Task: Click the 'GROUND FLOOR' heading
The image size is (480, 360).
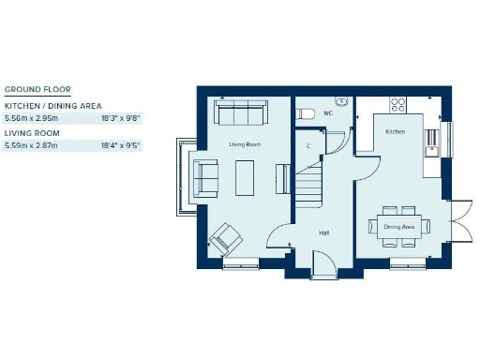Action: coord(31,90)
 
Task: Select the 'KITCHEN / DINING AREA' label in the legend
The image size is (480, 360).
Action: coord(53,106)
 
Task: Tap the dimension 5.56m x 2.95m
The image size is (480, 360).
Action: coord(31,119)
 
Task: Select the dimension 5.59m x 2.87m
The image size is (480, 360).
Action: coord(31,146)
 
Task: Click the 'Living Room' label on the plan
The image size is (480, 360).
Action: coord(246,144)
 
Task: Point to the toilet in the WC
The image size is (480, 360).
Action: coord(306,113)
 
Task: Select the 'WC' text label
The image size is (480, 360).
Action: coord(327,113)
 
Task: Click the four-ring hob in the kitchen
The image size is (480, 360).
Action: coord(398,103)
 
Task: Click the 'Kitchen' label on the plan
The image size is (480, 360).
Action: coord(396,132)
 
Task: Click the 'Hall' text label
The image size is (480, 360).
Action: coord(323,232)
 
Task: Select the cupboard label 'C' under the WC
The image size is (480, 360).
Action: coord(307,145)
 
